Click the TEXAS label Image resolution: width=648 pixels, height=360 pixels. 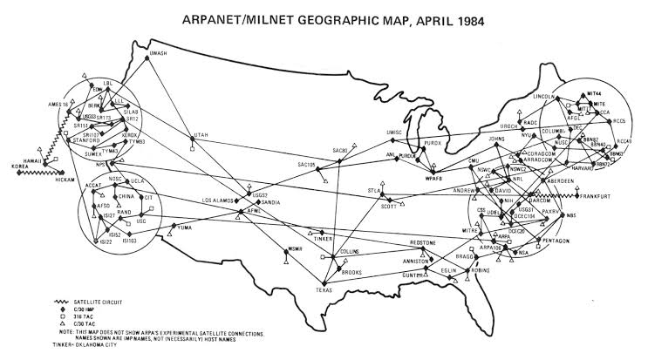[x=324, y=289]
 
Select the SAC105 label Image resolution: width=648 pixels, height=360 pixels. [x=306, y=164]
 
